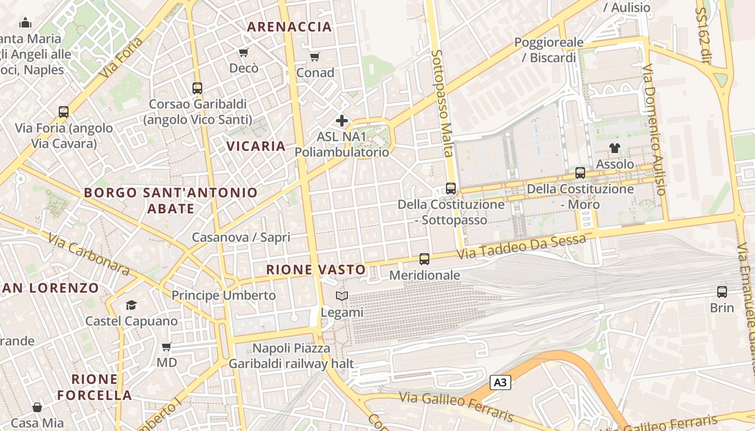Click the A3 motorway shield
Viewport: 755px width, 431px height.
(500, 383)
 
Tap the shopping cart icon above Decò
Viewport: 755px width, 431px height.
(243, 52)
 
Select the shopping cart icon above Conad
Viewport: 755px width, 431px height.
(315, 57)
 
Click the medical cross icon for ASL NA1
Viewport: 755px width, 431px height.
(342, 121)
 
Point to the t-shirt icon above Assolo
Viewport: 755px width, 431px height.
(615, 148)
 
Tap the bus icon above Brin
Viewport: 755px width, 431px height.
(722, 292)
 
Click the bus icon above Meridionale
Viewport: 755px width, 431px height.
(424, 259)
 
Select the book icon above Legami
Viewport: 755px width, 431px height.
(342, 296)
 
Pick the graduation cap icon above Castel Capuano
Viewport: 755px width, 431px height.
(132, 305)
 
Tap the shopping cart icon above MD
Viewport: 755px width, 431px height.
(167, 346)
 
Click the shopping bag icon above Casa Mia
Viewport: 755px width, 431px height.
(37, 407)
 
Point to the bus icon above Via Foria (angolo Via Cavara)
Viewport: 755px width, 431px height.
(64, 112)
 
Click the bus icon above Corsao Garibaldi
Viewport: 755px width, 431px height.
(197, 88)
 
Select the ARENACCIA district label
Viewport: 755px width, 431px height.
(289, 27)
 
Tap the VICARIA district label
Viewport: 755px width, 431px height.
(256, 146)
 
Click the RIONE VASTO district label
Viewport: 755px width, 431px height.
(316, 269)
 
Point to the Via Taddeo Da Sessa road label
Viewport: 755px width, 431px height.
(521, 246)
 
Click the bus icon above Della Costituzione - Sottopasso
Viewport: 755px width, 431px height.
(451, 189)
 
